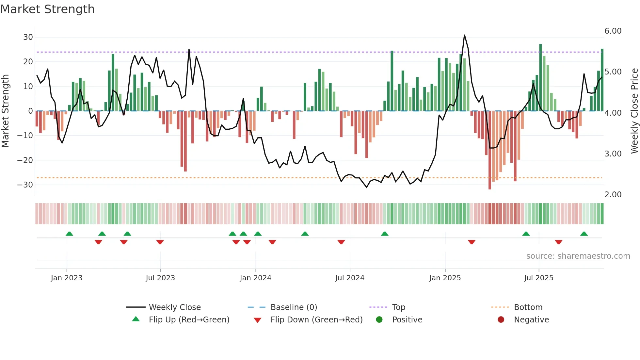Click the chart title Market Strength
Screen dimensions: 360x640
tap(47, 9)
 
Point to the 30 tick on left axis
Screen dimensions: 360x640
tap(28, 37)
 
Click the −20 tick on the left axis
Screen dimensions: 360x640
tap(25, 160)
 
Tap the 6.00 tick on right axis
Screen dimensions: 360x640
tap(613, 31)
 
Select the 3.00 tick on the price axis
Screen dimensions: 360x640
tap(613, 154)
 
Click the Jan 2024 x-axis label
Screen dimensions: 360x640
tap(255, 278)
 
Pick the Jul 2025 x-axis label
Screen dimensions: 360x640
tap(538, 278)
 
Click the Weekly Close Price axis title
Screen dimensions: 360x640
tap(634, 111)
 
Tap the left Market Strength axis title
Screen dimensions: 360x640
tap(6, 111)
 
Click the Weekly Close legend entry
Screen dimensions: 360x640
tap(174, 307)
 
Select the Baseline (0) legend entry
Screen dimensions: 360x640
tap(294, 307)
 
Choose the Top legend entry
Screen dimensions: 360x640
tap(398, 307)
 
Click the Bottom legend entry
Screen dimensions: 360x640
tap(528, 307)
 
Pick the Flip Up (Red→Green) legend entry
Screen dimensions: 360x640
tap(189, 320)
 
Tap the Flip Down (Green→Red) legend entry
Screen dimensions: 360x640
tap(316, 320)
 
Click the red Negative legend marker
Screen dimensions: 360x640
tap(501, 320)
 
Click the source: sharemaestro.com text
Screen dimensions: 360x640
tap(578, 256)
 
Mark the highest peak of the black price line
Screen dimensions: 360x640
tap(464, 35)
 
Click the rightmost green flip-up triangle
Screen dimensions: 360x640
tap(584, 234)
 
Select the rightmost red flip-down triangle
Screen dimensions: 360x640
tap(558, 242)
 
